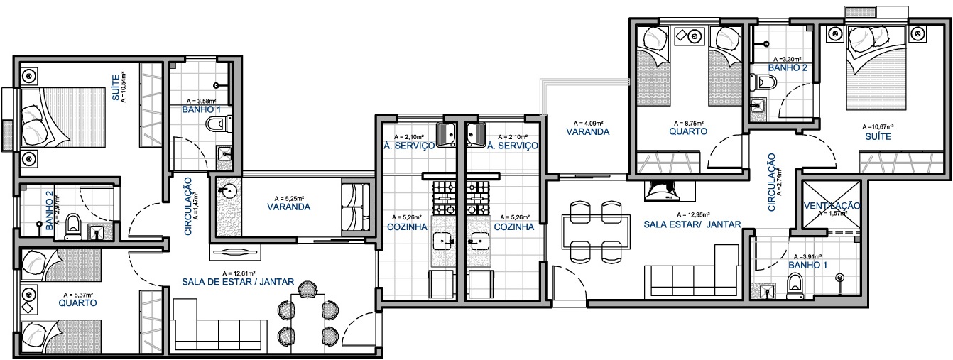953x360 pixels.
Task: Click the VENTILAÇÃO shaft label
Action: [832, 205]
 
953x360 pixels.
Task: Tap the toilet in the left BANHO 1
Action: [217, 125]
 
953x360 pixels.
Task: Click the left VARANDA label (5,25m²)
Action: [288, 207]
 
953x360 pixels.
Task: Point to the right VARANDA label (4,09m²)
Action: [587, 132]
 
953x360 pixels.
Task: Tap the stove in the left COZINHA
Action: [444, 198]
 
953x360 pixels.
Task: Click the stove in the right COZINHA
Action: [478, 198]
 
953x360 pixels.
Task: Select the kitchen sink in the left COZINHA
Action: [444, 241]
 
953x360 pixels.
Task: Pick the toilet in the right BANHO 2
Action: [763, 82]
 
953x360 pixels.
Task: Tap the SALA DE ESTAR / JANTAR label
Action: [238, 282]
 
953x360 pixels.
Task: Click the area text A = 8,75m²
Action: [687, 123]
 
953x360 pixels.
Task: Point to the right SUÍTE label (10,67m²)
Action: [878, 136]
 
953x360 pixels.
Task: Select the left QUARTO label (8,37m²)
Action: [77, 303]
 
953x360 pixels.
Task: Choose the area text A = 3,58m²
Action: [201, 102]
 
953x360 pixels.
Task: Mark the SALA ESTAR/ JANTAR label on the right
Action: [692, 224]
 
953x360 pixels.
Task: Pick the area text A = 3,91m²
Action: [807, 256]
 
